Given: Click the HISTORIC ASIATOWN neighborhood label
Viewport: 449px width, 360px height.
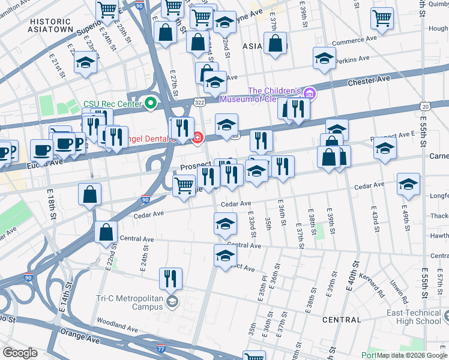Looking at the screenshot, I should point(51,25).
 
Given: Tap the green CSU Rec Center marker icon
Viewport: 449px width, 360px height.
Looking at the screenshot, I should point(150,104).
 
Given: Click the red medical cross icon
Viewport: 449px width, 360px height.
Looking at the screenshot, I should point(197,139).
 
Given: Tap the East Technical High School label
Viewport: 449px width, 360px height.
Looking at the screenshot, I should point(414,317).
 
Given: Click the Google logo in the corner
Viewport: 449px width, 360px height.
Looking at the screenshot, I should point(20,353).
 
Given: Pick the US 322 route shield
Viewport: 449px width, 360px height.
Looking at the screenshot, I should point(200,103).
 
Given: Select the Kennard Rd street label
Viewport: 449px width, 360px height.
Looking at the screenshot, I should point(372,286).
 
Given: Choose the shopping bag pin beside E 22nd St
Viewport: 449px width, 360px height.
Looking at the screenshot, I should point(106,232).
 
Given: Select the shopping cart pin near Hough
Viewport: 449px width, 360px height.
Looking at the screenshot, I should point(382,19).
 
